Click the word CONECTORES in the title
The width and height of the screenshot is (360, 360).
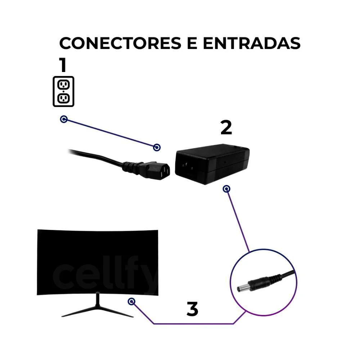tap(120, 43)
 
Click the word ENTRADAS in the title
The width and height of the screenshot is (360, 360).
tap(252, 43)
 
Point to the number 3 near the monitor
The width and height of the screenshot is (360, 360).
tap(192, 309)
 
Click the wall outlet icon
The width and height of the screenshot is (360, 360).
tap(63, 91)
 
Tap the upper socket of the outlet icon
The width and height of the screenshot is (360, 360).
tap(63, 85)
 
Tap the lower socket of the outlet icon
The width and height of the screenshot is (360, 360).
tap(63, 98)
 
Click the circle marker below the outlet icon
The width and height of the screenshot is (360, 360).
tap(64, 119)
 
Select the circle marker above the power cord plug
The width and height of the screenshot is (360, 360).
tap(157, 147)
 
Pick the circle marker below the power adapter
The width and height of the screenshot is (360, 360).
tap(226, 189)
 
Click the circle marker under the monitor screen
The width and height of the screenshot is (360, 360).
tap(131, 301)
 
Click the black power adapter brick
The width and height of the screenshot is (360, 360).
tap(212, 164)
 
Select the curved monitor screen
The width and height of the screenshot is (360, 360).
tap(98, 262)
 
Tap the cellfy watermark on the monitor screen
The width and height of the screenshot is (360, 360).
tap(104, 275)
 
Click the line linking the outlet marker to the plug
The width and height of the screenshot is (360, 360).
tap(110, 133)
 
